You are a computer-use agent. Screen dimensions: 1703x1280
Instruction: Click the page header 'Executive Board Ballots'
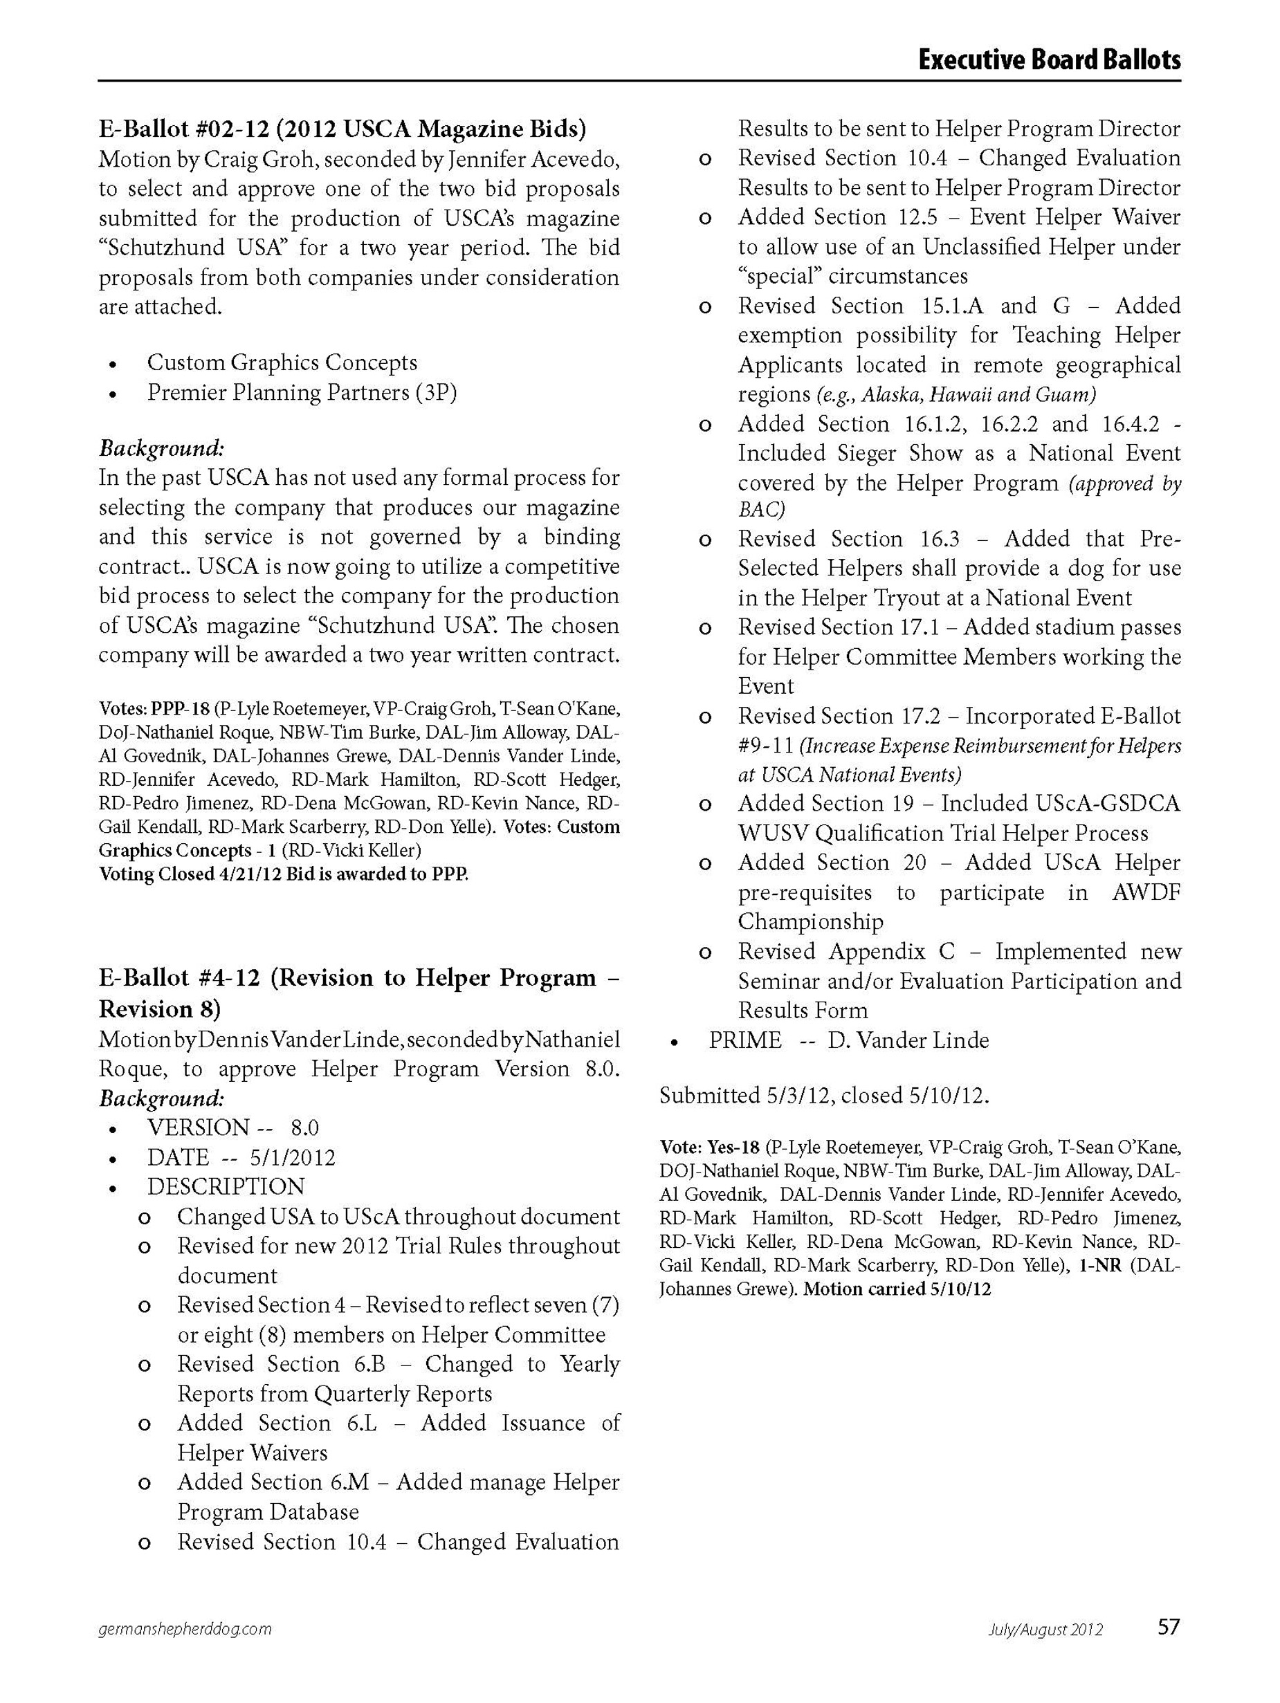[x=1048, y=59]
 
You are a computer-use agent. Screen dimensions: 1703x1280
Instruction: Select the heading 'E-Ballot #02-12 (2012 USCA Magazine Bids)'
[x=342, y=128]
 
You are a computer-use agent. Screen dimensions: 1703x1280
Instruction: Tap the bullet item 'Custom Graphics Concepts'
[x=282, y=362]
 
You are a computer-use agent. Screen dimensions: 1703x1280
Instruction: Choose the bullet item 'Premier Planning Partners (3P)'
[x=302, y=393]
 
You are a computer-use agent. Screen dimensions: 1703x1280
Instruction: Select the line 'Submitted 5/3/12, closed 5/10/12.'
[x=823, y=1096]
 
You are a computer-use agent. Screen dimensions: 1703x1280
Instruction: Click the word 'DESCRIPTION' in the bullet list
[x=226, y=1186]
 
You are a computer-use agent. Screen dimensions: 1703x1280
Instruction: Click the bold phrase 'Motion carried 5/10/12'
[x=897, y=1289]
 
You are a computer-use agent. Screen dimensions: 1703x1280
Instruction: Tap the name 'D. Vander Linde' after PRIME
[x=908, y=1040]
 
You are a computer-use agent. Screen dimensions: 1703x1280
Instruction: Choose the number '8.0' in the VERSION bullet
[x=305, y=1128]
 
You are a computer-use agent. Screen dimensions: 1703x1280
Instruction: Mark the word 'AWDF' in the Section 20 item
[x=1146, y=892]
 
